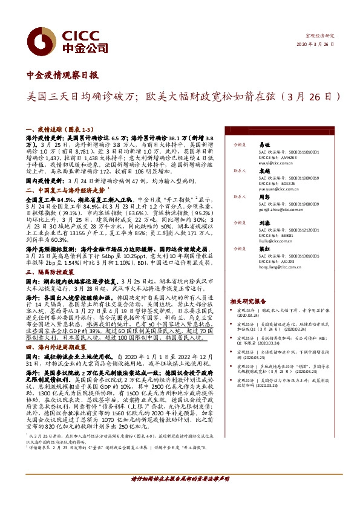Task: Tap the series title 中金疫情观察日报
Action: pos(63,76)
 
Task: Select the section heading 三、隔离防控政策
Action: pos(53,272)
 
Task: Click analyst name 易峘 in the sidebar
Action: pos(263,145)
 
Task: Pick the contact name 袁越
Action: pos(263,171)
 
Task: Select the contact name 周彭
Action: pos(263,196)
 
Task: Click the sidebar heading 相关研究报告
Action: pos(247,300)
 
